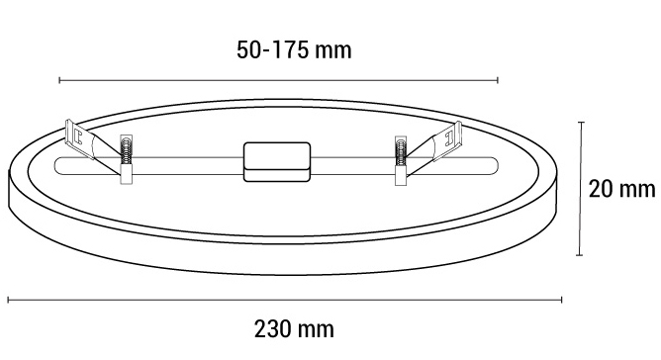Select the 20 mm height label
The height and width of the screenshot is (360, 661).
[621, 188]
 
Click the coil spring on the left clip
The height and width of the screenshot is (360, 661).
[126, 153]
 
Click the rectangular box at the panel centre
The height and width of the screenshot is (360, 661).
[275, 161]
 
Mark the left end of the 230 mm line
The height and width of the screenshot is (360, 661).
[9, 299]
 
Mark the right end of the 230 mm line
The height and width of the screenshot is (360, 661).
[562, 299]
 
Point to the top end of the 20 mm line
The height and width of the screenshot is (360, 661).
[581, 122]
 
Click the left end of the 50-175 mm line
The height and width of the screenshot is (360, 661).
[59, 79]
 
